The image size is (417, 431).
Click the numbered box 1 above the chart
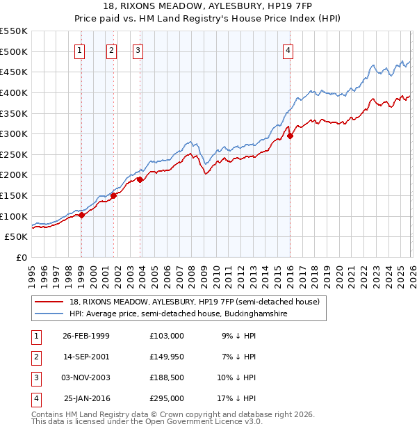click(81, 49)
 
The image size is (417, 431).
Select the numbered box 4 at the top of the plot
click(288, 49)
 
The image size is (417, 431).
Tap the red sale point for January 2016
click(290, 136)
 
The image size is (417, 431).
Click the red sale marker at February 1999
click(81, 215)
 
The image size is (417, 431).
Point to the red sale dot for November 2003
click(140, 179)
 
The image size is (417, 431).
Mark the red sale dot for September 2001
click(113, 195)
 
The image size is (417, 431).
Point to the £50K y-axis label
click(16, 237)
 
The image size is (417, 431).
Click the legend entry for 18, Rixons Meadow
click(194, 302)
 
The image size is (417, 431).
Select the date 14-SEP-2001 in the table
click(85, 356)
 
